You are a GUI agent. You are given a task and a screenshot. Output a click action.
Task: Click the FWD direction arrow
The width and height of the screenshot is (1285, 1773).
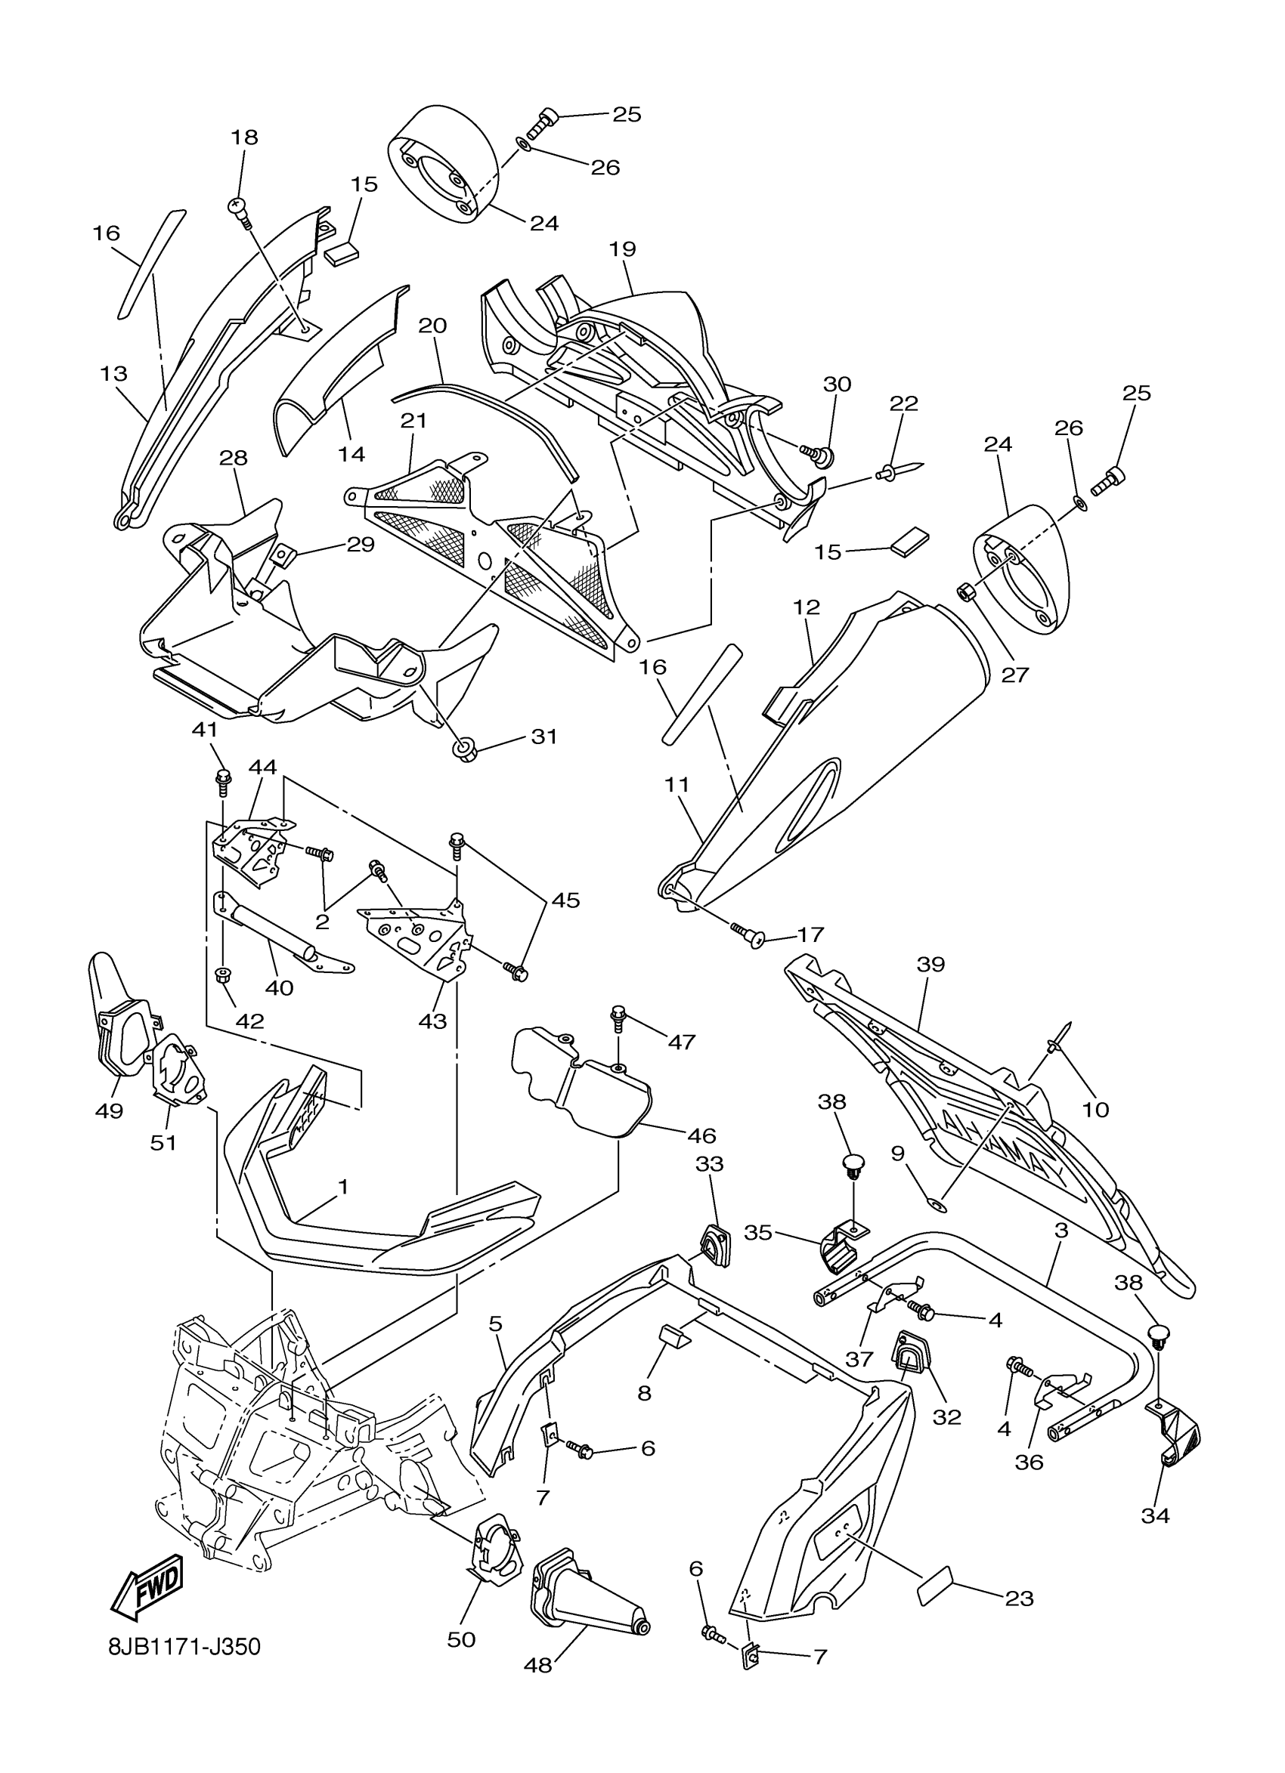(149, 1583)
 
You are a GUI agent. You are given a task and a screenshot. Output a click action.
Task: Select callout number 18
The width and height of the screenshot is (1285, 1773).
(244, 137)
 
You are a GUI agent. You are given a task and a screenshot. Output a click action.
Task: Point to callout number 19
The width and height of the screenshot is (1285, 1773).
(623, 249)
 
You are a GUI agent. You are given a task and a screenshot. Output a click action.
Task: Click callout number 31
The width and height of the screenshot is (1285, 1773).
(544, 737)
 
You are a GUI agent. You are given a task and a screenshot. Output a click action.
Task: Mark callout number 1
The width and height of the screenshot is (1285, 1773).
(342, 1187)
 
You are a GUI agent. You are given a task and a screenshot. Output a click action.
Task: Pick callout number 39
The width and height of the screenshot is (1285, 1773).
(932, 965)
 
